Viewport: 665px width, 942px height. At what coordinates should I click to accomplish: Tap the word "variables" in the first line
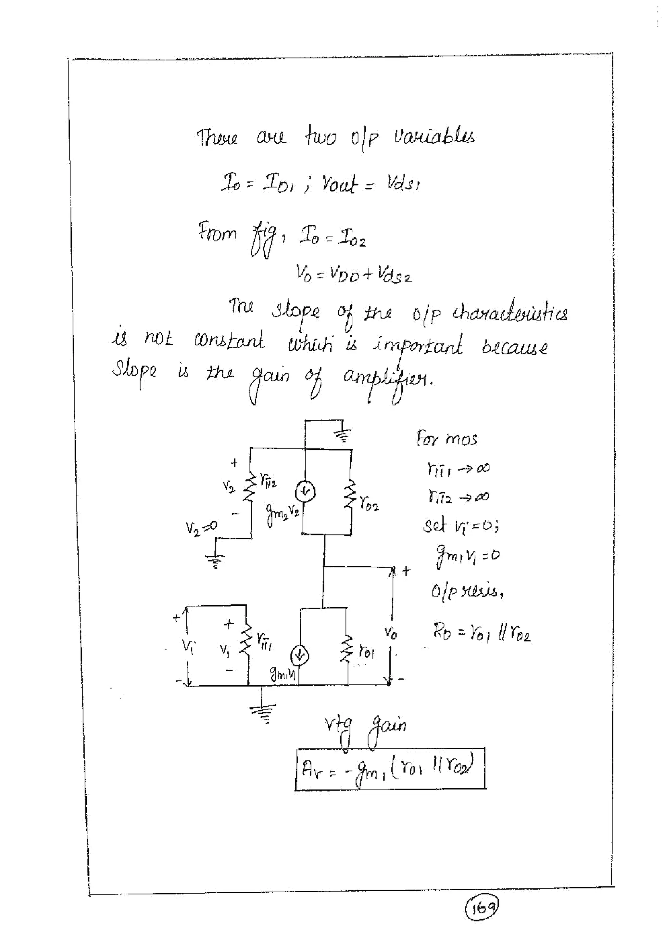point(434,136)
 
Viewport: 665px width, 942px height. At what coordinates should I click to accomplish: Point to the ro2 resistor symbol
point(351,500)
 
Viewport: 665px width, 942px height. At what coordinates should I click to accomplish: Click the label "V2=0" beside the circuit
point(201,527)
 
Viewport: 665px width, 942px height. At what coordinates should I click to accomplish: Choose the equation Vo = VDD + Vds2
point(353,274)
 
